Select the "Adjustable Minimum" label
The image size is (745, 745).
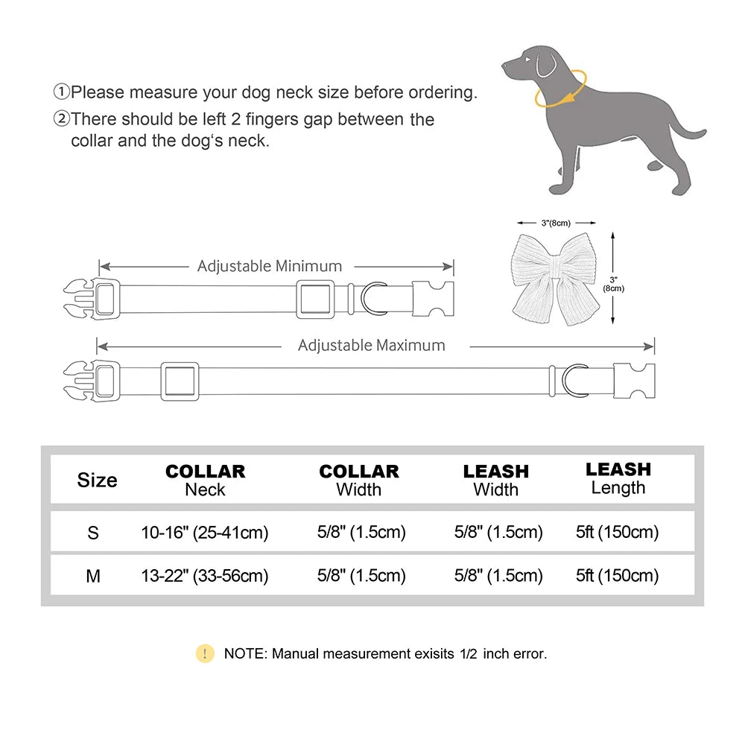[270, 266]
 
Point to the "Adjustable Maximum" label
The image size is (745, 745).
[371, 346]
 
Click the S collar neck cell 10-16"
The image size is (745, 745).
[205, 533]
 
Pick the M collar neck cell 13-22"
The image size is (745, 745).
[205, 576]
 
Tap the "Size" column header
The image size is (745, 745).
[97, 480]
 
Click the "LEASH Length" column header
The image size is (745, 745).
[618, 478]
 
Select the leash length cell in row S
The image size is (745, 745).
[618, 533]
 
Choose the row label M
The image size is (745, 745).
[93, 576]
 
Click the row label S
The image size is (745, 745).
[93, 533]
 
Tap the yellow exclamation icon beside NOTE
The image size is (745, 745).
[205, 654]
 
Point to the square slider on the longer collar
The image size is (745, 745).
[180, 381]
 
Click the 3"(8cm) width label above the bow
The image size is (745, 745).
[557, 222]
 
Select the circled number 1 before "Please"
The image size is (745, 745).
[61, 93]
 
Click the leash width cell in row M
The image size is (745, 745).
[498, 576]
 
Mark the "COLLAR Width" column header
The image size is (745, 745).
[359, 481]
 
